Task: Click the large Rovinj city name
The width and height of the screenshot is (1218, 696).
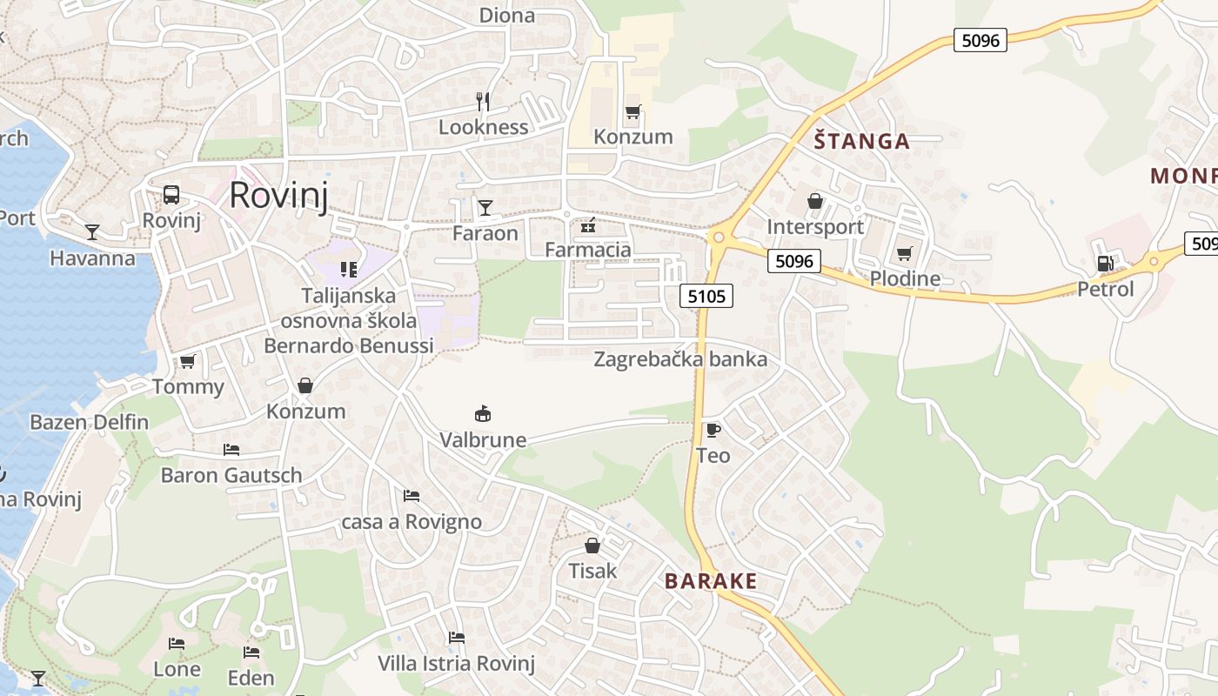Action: (x=278, y=196)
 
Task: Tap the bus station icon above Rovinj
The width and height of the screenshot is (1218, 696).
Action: (x=171, y=195)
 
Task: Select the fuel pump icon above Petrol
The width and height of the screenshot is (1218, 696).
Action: (x=1105, y=263)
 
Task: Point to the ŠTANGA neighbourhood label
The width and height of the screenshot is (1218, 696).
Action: (x=862, y=141)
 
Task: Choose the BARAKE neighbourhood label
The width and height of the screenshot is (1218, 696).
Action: (x=711, y=581)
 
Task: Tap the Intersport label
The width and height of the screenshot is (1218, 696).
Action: (x=815, y=227)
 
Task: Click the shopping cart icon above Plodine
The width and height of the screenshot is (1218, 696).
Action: (x=905, y=253)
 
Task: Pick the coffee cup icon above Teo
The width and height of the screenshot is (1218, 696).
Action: (x=713, y=430)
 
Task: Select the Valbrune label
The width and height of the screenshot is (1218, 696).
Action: (x=483, y=439)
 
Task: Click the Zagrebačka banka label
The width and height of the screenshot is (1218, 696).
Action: (x=680, y=359)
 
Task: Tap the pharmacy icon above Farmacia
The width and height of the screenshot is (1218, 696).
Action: (x=588, y=226)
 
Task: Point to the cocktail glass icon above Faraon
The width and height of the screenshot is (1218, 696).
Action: (x=485, y=207)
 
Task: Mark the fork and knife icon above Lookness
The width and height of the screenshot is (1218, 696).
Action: (x=483, y=102)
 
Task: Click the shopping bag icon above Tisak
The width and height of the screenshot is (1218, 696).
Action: (x=592, y=545)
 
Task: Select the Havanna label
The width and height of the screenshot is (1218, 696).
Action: (x=93, y=258)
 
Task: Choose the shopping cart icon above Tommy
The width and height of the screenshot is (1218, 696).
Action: (x=187, y=361)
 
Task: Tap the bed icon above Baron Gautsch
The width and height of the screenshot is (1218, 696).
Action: (x=231, y=450)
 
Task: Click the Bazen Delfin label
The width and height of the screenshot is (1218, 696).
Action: (x=90, y=423)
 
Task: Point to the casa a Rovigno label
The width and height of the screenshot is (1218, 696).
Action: (x=412, y=522)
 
